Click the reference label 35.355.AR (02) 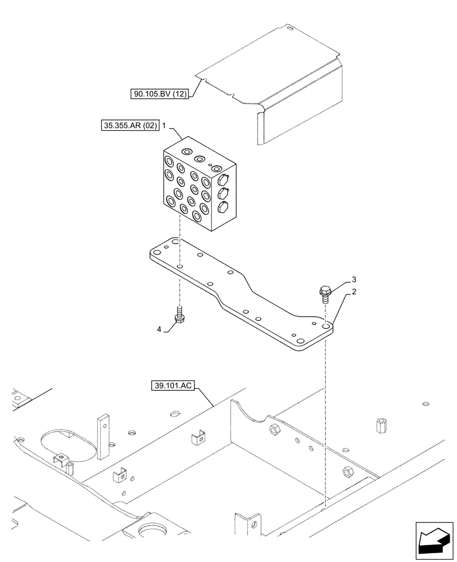coord(127,127)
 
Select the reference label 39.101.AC coord(172,386)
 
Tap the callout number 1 coord(164,128)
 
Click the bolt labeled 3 coord(324,293)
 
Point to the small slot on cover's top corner coord(288,27)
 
